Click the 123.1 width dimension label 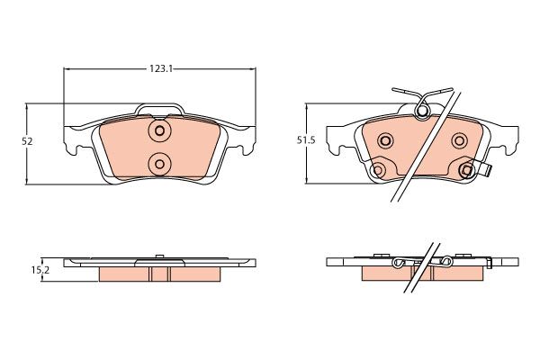pyautogui.click(x=160, y=69)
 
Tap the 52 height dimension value pyautogui.click(x=27, y=141)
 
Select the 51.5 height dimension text pyautogui.click(x=306, y=140)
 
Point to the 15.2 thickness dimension pyautogui.click(x=40, y=270)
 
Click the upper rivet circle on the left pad pyautogui.click(x=159, y=130)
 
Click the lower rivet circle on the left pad pyautogui.click(x=159, y=164)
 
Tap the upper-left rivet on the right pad pyautogui.click(x=385, y=140)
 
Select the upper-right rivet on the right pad pyautogui.click(x=459, y=140)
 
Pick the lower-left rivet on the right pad pyautogui.click(x=378, y=170)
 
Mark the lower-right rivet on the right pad pyautogui.click(x=467, y=170)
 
